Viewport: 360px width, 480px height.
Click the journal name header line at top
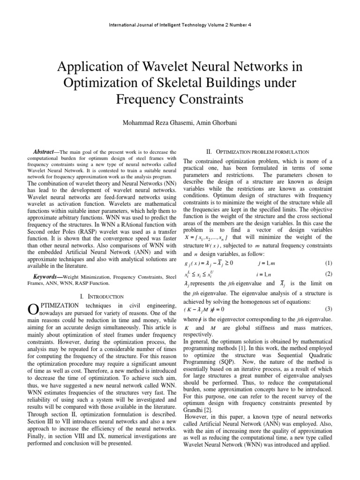(x=180, y=25)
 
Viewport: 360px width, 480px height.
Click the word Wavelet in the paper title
(x=146, y=68)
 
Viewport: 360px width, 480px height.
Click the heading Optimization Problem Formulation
(x=257, y=151)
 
